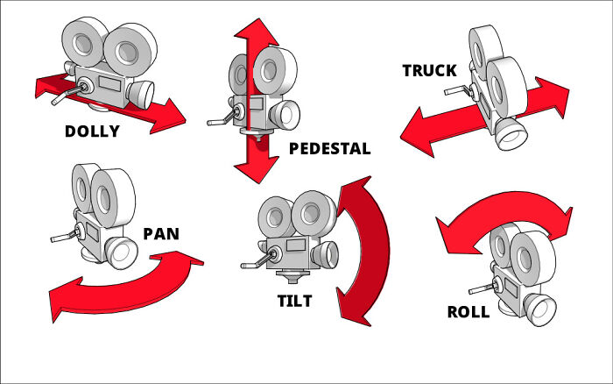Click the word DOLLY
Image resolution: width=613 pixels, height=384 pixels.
pyautogui.click(x=104, y=132)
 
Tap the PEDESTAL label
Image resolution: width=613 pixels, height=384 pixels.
pyautogui.click(x=329, y=149)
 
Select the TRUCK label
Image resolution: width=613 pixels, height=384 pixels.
pyautogui.click(x=429, y=71)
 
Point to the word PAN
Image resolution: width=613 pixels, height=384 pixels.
pyautogui.click(x=161, y=236)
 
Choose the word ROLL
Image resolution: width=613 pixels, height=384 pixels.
pyautogui.click(x=469, y=312)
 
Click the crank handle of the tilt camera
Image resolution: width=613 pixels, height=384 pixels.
pyautogui.click(x=253, y=263)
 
